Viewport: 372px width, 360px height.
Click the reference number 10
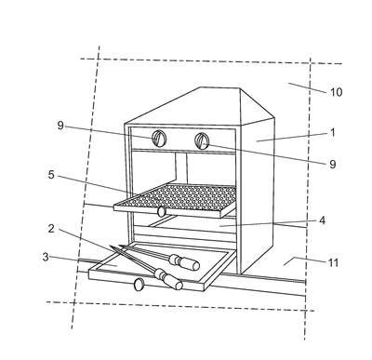click(336, 92)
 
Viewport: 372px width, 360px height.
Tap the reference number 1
click(333, 132)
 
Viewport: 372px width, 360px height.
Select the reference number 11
click(333, 262)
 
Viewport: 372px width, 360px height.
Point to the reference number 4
click(323, 220)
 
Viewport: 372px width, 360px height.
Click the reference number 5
click(51, 175)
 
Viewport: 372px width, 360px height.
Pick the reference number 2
click(51, 229)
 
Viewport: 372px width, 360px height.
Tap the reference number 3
click(46, 257)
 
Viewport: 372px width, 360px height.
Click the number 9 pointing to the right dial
click(333, 164)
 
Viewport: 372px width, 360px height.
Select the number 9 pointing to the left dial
click(60, 126)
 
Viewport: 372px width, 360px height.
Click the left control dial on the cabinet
click(159, 139)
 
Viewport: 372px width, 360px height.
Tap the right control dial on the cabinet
click(202, 140)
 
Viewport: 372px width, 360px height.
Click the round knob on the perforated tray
click(161, 211)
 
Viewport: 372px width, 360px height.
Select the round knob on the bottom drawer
click(139, 285)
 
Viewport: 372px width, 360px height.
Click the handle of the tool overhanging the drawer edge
click(169, 278)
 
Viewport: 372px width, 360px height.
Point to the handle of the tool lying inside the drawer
click(183, 261)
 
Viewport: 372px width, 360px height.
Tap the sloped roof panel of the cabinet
click(183, 107)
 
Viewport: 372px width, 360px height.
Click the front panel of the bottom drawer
click(146, 281)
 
